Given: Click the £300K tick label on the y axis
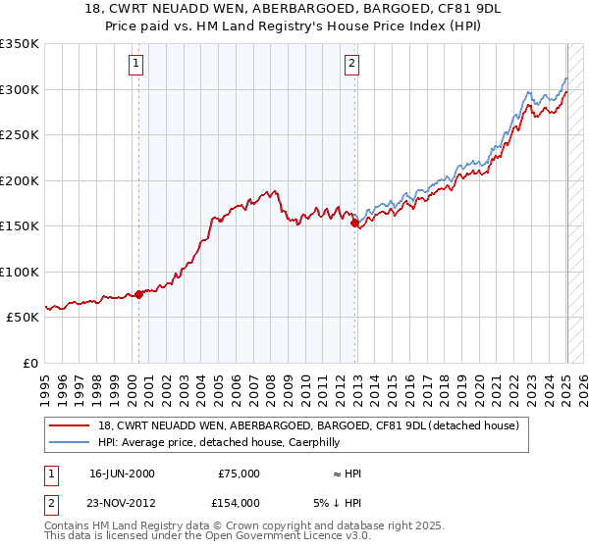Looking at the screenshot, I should coord(20,89).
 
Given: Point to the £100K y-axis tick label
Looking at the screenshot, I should coord(20,272).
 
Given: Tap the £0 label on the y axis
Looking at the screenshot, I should coord(29,363).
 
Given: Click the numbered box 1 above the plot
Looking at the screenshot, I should coord(135,65).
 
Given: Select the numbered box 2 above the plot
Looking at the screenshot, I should coord(351,65).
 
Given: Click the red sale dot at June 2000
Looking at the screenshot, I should coord(138,294).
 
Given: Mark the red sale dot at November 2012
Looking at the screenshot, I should coord(354,223).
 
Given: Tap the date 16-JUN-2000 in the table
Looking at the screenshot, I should coord(122,474).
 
